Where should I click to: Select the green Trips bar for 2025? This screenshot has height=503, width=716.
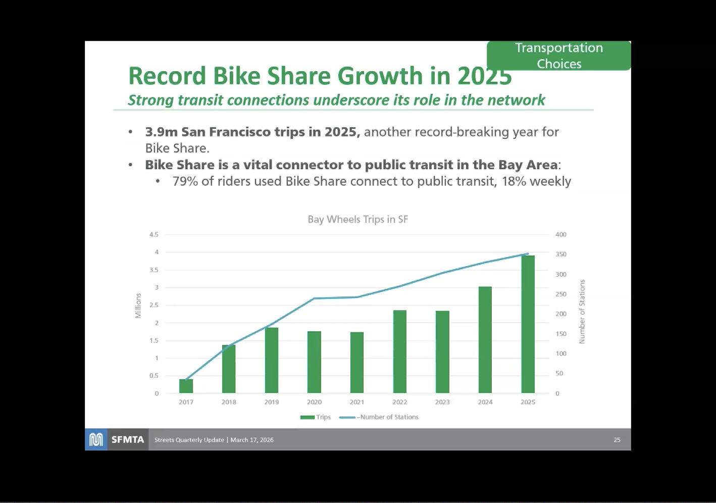pyautogui.click(x=528, y=324)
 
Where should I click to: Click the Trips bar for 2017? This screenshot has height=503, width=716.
pyautogui.click(x=186, y=386)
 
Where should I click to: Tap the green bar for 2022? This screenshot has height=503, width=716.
pyautogui.click(x=399, y=352)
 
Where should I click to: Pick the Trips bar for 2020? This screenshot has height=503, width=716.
pyautogui.click(x=314, y=362)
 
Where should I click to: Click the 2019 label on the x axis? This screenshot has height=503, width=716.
pyautogui.click(x=271, y=402)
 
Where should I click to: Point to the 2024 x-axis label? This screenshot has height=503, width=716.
pyautogui.click(x=485, y=402)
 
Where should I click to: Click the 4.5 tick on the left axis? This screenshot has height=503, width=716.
pyautogui.click(x=154, y=234)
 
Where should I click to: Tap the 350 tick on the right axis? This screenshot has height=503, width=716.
pyautogui.click(x=561, y=254)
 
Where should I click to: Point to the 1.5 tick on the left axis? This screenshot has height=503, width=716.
pyautogui.click(x=154, y=340)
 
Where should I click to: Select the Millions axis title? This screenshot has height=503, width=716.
pyautogui.click(x=138, y=306)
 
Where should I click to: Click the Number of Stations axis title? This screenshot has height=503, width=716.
pyautogui.click(x=582, y=312)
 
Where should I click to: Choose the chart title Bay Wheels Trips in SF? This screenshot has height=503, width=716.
pyautogui.click(x=357, y=219)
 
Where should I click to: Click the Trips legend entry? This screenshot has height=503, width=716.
pyautogui.click(x=316, y=417)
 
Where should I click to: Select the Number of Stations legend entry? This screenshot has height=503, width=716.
pyautogui.click(x=379, y=417)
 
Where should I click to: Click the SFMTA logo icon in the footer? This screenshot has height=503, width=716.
pyautogui.click(x=96, y=440)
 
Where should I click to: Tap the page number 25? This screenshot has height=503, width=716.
pyautogui.click(x=617, y=440)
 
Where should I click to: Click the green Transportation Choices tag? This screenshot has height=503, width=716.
pyautogui.click(x=559, y=56)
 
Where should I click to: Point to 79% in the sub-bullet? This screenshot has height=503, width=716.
pyautogui.click(x=185, y=181)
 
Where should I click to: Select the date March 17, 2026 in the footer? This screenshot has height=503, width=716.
pyautogui.click(x=252, y=440)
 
